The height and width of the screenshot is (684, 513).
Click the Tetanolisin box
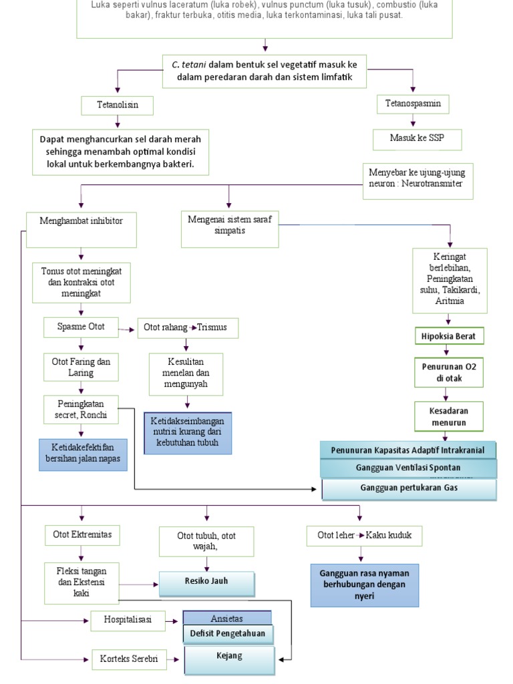pos(118,106)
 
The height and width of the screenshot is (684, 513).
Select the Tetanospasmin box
pos(413,104)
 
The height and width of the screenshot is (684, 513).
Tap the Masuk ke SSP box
pos(417,139)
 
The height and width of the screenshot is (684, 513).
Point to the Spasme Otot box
pos(81,327)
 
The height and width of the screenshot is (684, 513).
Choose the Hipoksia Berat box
pos(448,336)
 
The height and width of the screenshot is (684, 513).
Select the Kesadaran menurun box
pos(448,416)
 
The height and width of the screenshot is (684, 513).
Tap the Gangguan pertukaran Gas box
pos(409,489)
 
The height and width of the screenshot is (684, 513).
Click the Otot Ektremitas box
pos(82,535)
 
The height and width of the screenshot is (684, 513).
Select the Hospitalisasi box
pos(128,620)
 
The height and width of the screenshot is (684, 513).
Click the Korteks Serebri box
pos(129,659)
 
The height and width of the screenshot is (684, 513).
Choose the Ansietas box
pos(227,618)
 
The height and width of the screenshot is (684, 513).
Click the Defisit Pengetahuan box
pos(228,633)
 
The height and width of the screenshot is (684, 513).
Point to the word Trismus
pos(212,328)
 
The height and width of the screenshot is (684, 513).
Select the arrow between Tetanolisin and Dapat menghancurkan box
pos(118,122)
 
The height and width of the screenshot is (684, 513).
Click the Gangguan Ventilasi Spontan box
pos(409,468)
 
